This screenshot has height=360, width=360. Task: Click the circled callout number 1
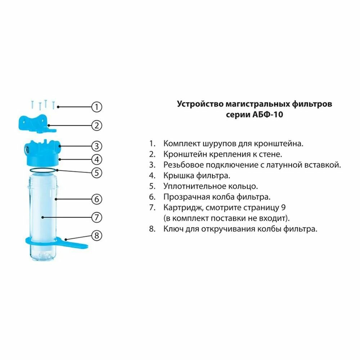96,107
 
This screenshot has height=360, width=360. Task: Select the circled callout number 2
96,126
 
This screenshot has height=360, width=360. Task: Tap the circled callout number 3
96,146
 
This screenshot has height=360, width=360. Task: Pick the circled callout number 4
96,159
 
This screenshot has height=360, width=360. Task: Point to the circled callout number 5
96,172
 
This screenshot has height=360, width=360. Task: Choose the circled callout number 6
96,199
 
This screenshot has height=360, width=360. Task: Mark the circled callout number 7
96,217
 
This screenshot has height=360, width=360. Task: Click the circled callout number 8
96,236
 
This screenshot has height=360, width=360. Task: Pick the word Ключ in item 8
172,229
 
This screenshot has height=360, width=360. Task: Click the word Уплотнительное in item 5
194,186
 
